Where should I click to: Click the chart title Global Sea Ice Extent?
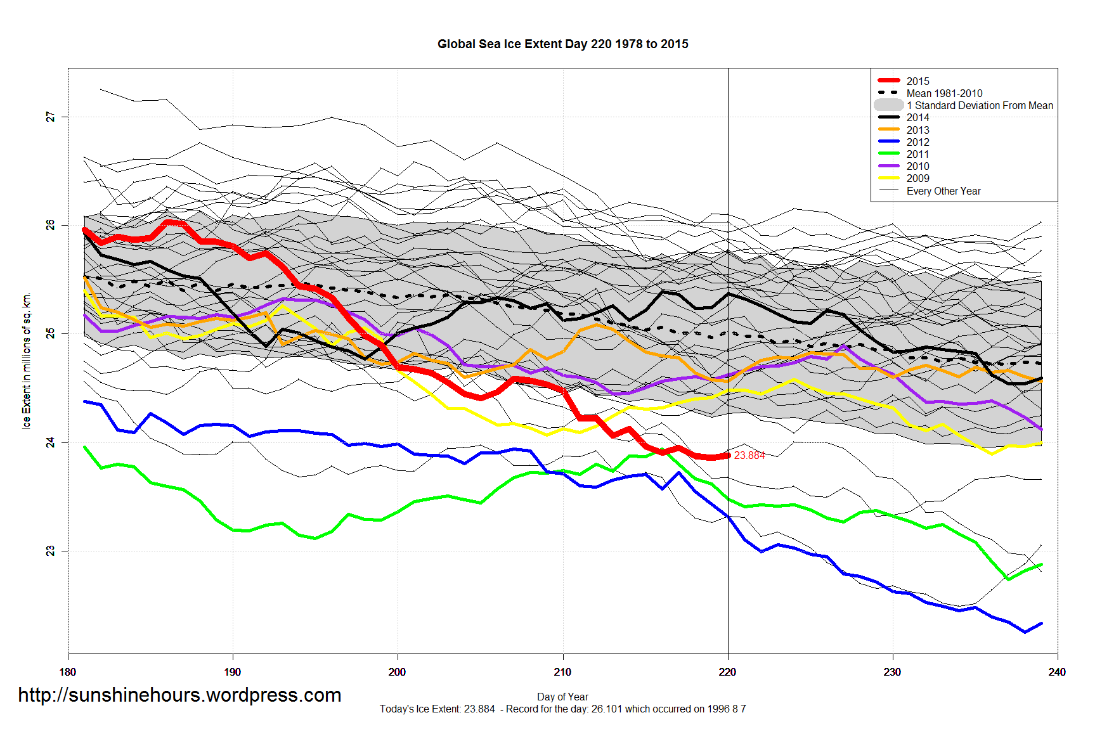(562, 44)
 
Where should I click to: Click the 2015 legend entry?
(917, 81)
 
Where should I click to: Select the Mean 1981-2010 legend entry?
(944, 93)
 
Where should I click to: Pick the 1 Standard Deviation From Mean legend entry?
(979, 105)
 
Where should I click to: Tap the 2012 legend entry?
(917, 142)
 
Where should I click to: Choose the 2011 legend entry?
(917, 154)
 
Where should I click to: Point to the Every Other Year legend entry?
(943, 191)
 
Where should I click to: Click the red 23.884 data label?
(749, 455)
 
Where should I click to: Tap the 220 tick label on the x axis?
(727, 672)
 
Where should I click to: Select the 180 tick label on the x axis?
(68, 672)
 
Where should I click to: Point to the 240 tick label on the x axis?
(1057, 672)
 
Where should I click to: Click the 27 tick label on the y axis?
(50, 117)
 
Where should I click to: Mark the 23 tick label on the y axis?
(50, 551)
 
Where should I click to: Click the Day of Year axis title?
(562, 697)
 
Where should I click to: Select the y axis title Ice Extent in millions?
(26, 361)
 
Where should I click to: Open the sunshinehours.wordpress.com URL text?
(179, 695)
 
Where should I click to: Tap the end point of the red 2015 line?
(728, 455)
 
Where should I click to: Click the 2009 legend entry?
(917, 178)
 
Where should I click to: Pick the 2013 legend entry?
(917, 130)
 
